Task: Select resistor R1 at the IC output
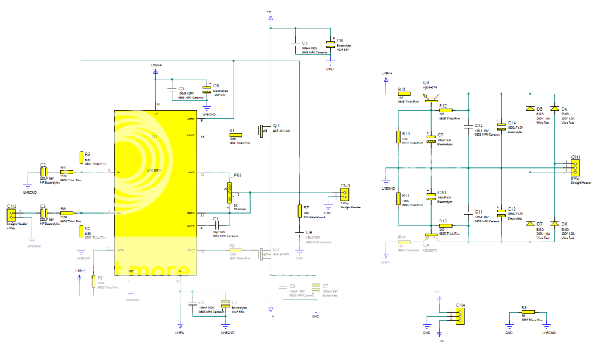click(x=235, y=135)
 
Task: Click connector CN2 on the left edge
click(x=11, y=214)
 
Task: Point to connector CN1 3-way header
click(x=576, y=168)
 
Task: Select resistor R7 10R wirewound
click(x=299, y=211)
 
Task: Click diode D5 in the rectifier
click(x=530, y=109)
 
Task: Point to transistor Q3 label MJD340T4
click(x=430, y=87)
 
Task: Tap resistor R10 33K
click(x=398, y=136)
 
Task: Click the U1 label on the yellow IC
click(x=155, y=136)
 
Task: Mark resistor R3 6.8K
click(x=80, y=157)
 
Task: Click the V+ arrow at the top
click(x=269, y=18)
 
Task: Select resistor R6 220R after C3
click(x=66, y=213)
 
